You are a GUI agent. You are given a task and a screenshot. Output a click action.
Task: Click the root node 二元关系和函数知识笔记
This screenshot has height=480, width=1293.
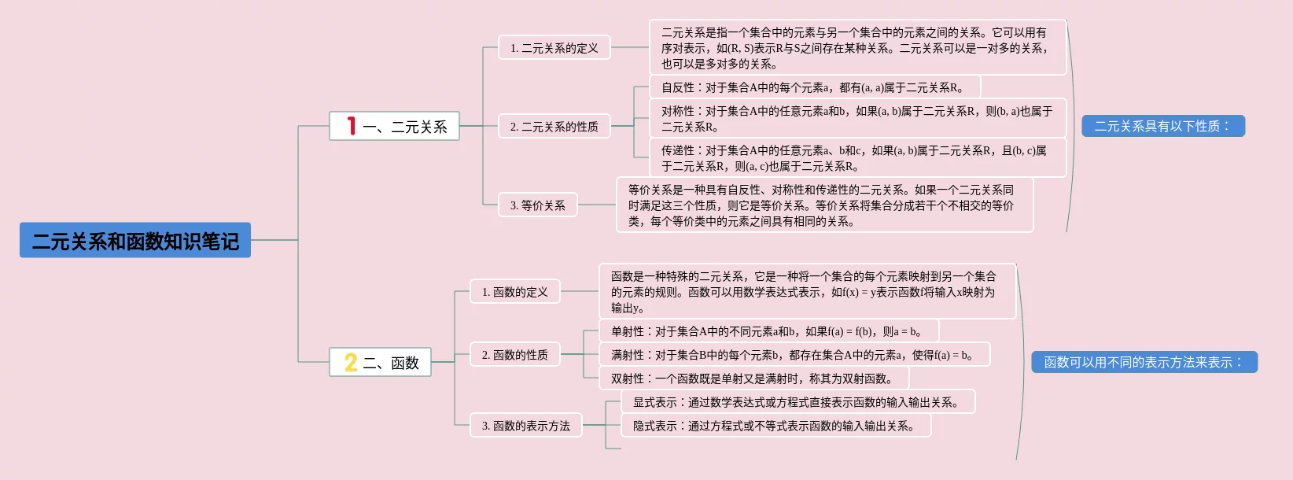point(135,240)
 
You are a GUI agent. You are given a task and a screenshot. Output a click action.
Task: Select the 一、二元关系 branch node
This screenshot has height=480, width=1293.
point(394,126)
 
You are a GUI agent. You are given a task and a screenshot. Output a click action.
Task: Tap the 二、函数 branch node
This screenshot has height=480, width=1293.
point(381,362)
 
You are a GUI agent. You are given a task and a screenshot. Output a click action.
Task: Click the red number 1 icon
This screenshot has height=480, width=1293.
point(351,126)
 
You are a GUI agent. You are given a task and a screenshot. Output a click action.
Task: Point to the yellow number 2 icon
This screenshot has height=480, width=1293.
point(351,362)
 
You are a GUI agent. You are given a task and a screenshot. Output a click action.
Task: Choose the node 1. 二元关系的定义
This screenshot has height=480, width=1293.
point(554,47)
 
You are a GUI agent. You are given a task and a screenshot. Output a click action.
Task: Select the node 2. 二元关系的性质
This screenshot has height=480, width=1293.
point(554,126)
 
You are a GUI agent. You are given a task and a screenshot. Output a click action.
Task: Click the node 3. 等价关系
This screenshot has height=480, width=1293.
point(538,205)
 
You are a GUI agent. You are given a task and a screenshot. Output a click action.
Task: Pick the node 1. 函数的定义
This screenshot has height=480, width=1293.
point(515,291)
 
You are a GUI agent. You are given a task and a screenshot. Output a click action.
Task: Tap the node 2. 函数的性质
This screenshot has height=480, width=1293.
point(515,354)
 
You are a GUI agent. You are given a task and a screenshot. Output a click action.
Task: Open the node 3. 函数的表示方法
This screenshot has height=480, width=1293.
point(526,425)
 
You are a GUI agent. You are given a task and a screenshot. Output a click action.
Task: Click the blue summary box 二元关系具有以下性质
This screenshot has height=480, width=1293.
point(1163,126)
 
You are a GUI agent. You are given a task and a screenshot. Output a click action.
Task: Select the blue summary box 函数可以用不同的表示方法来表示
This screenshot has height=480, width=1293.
point(1144,362)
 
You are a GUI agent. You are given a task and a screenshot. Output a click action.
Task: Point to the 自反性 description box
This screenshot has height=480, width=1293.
point(815,87)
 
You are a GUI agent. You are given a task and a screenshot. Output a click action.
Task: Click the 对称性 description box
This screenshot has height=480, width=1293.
point(858,118)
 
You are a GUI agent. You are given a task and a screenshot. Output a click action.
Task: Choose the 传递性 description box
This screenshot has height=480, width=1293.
point(858,157)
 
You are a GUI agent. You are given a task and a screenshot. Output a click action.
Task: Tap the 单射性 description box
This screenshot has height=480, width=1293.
point(769,331)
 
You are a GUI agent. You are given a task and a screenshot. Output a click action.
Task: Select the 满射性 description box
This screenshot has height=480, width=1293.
point(795,354)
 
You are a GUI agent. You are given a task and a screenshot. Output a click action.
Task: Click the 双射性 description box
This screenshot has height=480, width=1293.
point(754,378)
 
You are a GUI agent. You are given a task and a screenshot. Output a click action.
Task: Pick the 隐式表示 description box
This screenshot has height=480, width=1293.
point(775,425)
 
